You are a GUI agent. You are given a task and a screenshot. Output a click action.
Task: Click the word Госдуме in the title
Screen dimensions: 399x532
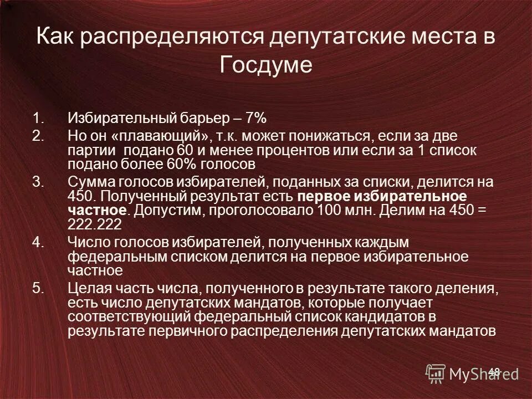click(266, 65)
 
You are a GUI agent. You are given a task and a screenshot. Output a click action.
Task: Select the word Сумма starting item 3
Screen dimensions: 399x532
click(89, 182)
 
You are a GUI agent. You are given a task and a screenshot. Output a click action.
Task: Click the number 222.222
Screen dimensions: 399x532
click(95, 224)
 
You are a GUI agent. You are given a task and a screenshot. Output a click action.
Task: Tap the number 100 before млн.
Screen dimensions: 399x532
click(328, 210)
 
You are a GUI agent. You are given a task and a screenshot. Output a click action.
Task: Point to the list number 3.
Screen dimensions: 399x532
click(36, 182)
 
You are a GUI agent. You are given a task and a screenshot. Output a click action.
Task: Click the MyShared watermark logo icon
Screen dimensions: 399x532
click(436, 373)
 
